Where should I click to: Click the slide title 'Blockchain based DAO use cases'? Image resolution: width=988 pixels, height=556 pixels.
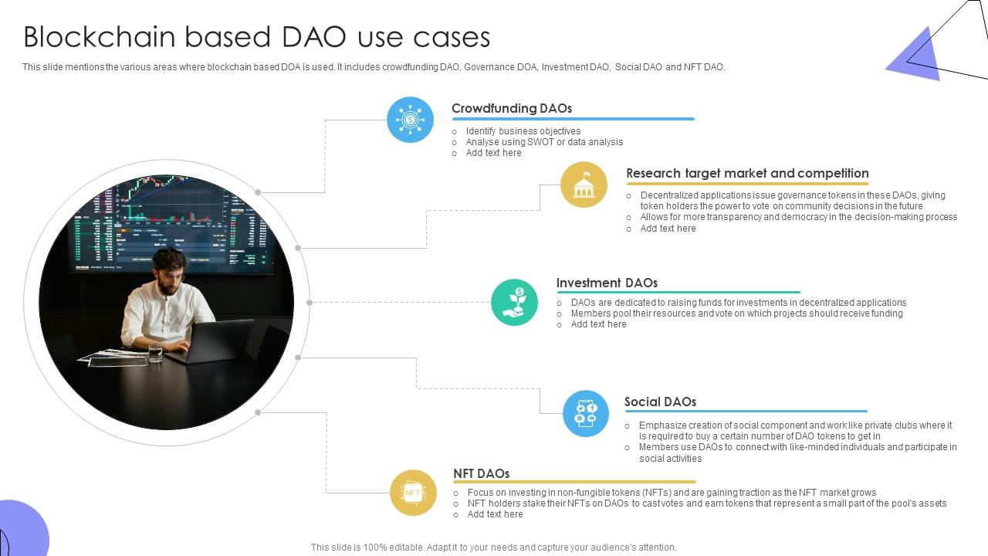256,37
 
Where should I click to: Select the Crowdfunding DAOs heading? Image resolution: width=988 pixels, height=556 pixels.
511,108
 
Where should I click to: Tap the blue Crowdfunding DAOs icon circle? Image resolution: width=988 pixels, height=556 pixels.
410,120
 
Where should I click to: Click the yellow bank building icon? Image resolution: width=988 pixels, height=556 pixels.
584,185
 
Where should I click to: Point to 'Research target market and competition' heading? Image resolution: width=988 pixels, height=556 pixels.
746,173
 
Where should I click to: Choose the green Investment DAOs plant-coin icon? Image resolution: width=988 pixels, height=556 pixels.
514,302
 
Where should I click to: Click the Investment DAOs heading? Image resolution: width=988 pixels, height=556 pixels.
606,283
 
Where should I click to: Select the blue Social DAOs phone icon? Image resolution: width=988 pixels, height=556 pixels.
586,414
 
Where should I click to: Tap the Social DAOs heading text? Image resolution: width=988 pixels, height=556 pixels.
660,402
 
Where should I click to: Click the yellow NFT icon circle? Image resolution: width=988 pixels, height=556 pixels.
413,493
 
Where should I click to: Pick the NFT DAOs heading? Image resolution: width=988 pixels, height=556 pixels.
481,473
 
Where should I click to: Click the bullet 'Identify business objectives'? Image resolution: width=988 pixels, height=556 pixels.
523,131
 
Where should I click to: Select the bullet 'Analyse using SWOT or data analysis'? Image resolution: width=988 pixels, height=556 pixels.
543,142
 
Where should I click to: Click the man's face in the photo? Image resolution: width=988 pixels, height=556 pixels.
168,273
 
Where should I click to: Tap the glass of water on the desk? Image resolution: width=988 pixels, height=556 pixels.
155,352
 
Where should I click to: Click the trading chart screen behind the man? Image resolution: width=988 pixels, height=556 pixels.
170,220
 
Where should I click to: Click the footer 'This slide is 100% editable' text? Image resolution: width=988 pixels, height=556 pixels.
493,548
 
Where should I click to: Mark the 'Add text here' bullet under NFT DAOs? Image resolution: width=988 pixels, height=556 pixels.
495,514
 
